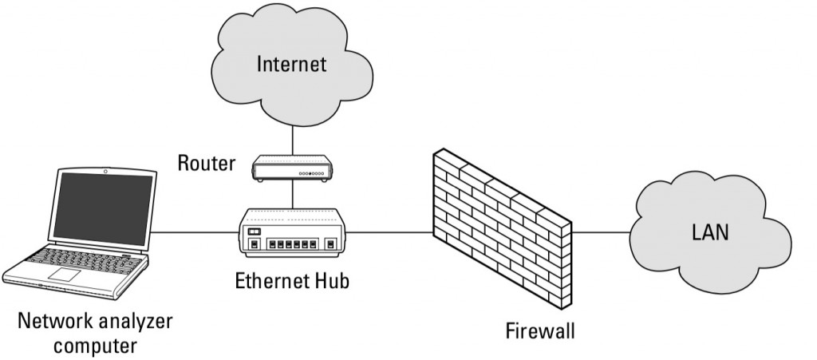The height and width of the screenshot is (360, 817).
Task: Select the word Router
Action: (207, 164)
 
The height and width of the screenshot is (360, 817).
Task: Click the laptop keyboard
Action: (80, 260)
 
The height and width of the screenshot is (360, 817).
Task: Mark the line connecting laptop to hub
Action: (195, 233)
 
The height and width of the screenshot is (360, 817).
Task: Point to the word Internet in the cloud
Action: (292, 64)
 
